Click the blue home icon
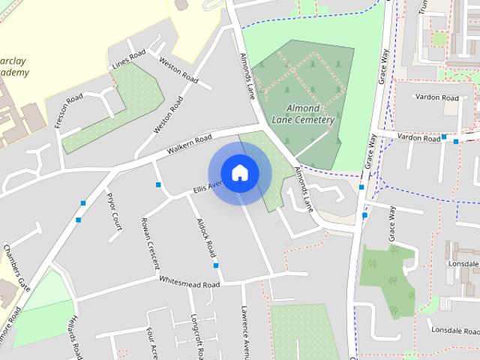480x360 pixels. point(239,173)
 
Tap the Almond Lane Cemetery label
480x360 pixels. point(304,114)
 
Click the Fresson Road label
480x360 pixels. point(69,112)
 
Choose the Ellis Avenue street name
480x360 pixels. point(207,186)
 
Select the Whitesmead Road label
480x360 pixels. point(189,282)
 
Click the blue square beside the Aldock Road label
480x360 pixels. point(216,265)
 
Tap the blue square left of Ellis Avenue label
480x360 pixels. point(159,184)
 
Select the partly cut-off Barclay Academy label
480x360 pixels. point(15,66)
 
